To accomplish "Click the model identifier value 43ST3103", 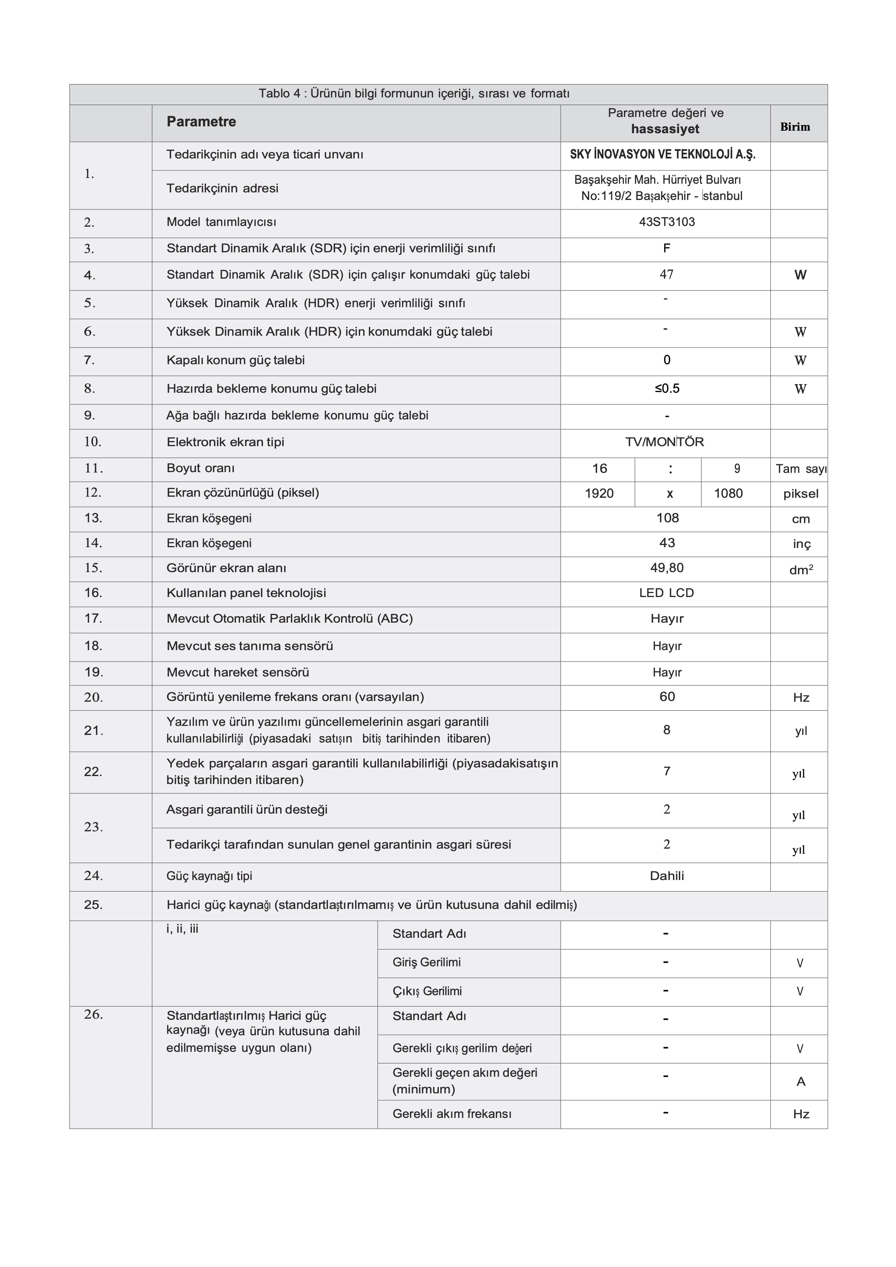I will coord(666,222).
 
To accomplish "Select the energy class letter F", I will coord(666,249).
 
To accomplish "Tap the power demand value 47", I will coord(666,275).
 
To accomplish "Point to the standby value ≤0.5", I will coord(667,388).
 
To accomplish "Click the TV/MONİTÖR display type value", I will coord(664,442).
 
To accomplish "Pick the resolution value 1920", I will coord(599,493).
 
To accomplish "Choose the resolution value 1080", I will coord(728,493).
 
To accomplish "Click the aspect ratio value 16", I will coord(599,469).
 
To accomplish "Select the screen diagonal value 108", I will coord(667,518).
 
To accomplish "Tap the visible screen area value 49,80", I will coord(666,568).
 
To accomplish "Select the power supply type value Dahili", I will coord(666,876).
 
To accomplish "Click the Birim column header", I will coord(795,127).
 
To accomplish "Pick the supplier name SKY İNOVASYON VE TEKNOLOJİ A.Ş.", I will coord(663,154).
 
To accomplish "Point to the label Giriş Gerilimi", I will coord(427,962).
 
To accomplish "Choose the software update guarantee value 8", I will coord(666,730).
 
